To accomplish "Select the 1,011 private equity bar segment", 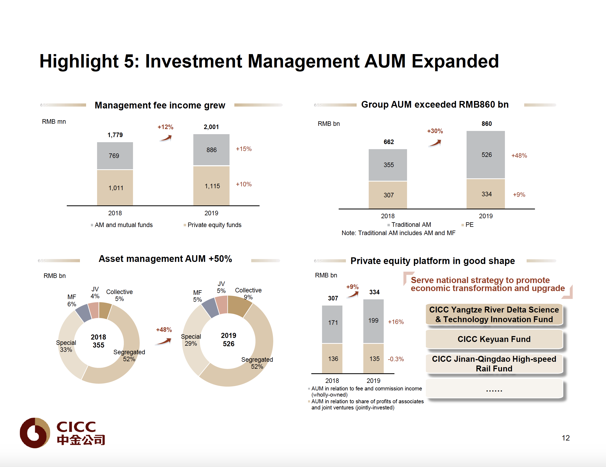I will click(115, 188).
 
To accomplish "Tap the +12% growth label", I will click(165, 127).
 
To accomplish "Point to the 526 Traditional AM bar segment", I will click(486, 155).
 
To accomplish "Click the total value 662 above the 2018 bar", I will click(389, 142).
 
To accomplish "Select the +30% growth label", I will click(435, 131).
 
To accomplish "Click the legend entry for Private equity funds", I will click(214, 225).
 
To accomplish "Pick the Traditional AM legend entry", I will click(411, 224).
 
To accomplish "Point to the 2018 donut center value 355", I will click(98, 345).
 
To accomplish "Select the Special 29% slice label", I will click(191, 340).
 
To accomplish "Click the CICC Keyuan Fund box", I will click(494, 339).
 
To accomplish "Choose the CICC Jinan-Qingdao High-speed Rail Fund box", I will click(494, 364).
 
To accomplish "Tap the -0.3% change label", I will click(396, 359).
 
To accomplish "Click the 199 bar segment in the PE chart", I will click(373, 321).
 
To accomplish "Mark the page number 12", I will click(566, 438).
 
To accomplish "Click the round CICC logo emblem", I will click(35, 433).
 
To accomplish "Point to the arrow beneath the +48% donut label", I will click(164, 341).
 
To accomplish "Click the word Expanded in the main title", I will click(455, 61).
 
